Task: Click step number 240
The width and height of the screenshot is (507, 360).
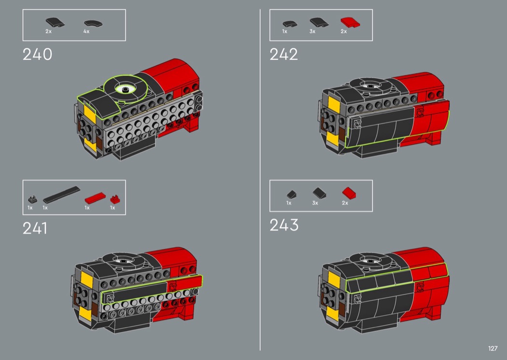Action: pos(37,55)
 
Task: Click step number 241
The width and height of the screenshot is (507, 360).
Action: pos(35,228)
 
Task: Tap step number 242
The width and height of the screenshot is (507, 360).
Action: pos(283,55)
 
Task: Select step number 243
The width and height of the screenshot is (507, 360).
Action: pos(284,225)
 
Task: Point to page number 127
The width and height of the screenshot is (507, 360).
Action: pos(493,348)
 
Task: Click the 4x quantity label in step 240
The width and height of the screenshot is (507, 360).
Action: pos(86,31)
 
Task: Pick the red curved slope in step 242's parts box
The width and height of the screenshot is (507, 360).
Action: pos(350,23)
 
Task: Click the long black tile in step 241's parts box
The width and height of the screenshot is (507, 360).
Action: pos(61,195)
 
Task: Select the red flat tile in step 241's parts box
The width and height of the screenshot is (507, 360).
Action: pos(95,198)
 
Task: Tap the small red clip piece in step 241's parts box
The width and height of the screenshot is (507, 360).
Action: pos(115,199)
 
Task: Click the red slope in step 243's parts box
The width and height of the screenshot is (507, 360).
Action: pos(349,193)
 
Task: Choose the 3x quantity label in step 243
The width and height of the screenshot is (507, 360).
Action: pos(315,203)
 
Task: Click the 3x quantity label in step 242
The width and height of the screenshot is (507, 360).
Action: pos(312,31)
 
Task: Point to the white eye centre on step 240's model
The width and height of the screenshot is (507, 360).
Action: pos(125,89)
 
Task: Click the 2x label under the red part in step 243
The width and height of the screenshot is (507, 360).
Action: pos(345,203)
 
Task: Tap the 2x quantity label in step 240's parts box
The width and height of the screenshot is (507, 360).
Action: pos(48,31)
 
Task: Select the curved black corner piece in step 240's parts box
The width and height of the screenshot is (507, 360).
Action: pos(93,24)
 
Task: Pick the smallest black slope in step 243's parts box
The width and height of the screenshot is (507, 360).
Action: pos(291,194)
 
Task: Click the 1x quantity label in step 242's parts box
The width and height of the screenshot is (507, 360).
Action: pos(284,31)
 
